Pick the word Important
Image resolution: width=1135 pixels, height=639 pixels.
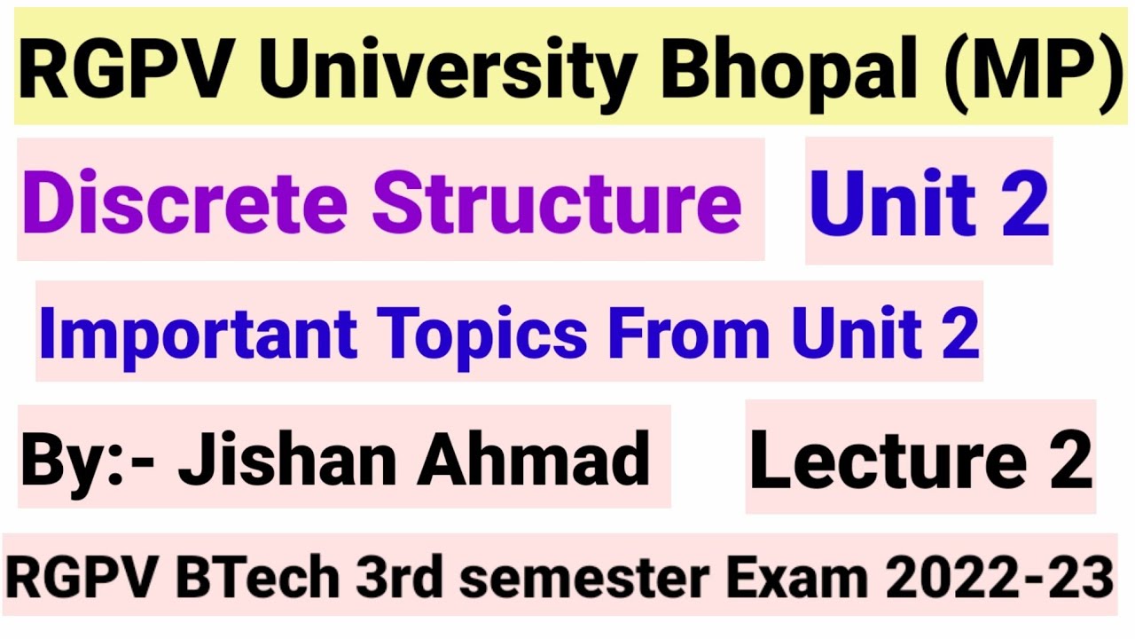(198, 333)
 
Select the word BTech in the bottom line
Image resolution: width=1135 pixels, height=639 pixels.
(257, 578)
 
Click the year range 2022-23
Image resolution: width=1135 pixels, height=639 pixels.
(999, 578)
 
